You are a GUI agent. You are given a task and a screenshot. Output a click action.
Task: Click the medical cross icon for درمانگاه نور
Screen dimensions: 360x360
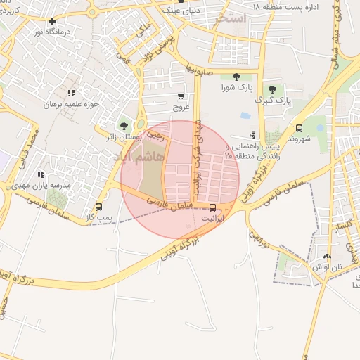(53, 22)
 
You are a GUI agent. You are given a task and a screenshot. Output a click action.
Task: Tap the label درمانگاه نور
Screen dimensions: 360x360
(53, 33)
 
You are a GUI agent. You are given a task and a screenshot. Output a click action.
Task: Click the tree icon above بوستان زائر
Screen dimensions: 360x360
(124, 126)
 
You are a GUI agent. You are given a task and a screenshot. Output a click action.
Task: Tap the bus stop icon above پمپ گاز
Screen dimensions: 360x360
(98, 207)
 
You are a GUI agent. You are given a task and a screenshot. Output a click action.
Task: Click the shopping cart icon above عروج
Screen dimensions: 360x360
(181, 96)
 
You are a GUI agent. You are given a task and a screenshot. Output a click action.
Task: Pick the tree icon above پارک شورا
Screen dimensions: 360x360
(236, 76)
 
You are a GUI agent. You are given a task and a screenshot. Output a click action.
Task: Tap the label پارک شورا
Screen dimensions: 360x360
(236, 88)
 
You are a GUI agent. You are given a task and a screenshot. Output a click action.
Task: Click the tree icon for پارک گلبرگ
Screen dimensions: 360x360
(273, 89)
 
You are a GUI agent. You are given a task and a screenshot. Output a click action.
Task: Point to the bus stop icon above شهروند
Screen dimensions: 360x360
(300, 128)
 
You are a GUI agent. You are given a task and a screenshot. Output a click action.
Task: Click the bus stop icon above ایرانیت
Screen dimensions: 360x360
(213, 207)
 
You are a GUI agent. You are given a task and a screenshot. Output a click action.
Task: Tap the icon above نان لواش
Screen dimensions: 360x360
(328, 257)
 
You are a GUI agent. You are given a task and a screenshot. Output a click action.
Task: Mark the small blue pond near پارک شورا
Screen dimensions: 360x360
(245, 115)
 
